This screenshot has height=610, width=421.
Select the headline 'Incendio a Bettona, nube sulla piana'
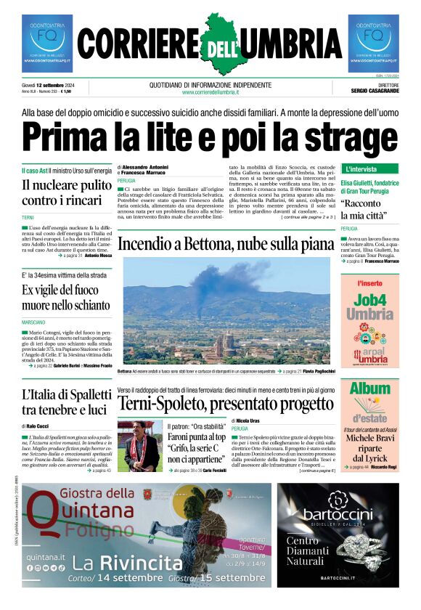(x=226, y=244)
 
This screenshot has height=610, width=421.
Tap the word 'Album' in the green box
(x=370, y=389)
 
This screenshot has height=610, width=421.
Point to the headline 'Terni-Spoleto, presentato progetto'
(x=226, y=404)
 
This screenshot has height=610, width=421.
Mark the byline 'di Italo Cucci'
(x=41, y=426)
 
